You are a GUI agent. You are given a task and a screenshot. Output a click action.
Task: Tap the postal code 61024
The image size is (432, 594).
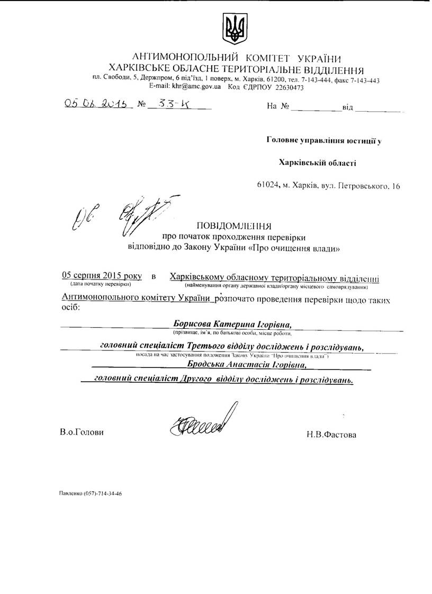pos(268,186)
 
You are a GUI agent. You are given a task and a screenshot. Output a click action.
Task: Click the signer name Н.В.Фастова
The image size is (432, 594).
pos(331,435)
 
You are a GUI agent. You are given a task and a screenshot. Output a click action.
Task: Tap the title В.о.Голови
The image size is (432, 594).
pos(82,432)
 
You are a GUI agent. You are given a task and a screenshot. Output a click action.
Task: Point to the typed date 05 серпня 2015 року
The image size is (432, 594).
pos(102,276)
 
